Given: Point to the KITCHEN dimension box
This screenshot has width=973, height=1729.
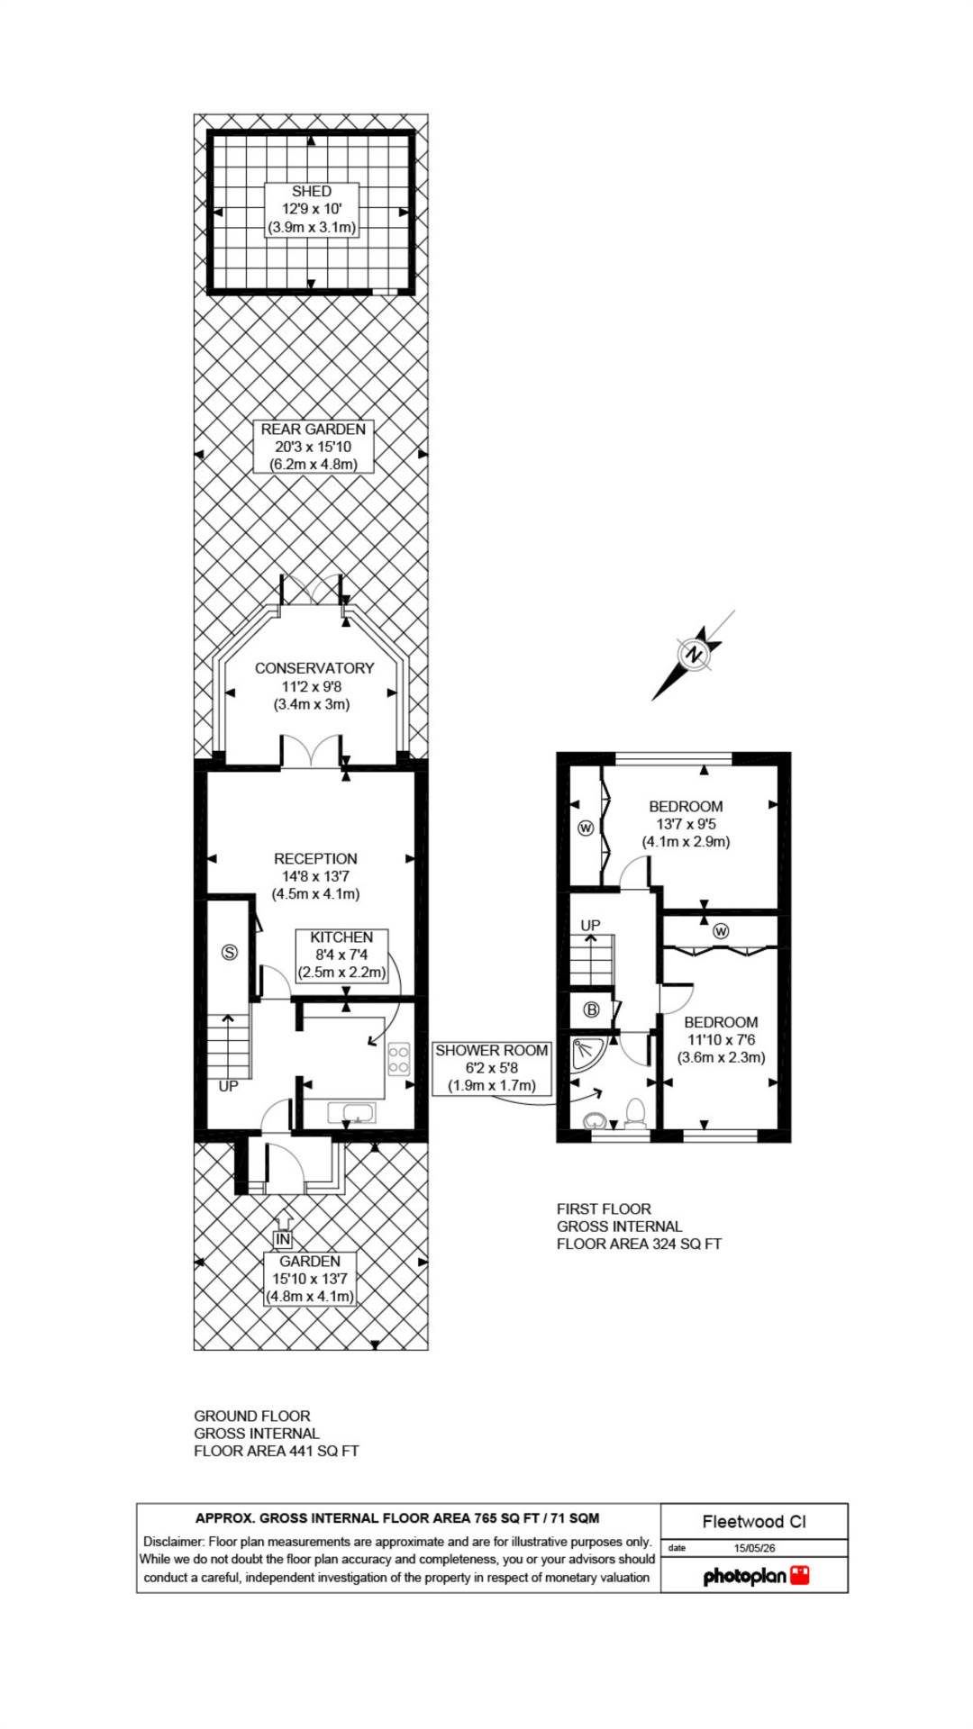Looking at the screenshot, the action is (x=341, y=955).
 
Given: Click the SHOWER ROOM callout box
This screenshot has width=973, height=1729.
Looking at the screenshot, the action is (x=492, y=1068).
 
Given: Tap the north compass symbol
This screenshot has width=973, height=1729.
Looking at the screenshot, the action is (x=694, y=655).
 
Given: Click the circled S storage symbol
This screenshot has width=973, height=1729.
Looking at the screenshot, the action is (x=230, y=952).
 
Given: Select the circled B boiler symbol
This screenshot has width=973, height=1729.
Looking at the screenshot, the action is (x=592, y=1009).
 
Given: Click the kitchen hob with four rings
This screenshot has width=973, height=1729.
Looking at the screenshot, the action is (x=399, y=1059).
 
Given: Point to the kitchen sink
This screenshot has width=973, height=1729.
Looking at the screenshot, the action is (x=351, y=1114).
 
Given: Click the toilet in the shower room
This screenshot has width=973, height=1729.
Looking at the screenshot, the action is (x=636, y=1113).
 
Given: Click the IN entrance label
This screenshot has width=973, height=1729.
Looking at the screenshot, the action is (x=284, y=1240).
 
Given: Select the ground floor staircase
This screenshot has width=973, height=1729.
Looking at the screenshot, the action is (x=229, y=1046).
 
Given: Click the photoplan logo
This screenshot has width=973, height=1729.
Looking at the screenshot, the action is (x=756, y=1575).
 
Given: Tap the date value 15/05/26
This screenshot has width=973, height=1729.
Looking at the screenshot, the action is (x=755, y=1548).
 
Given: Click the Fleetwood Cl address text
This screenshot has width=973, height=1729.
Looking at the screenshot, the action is (x=754, y=1521).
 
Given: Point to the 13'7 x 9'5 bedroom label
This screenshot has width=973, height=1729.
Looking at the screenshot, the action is (x=687, y=824).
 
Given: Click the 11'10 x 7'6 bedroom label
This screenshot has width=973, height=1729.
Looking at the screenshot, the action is (x=721, y=1040).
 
